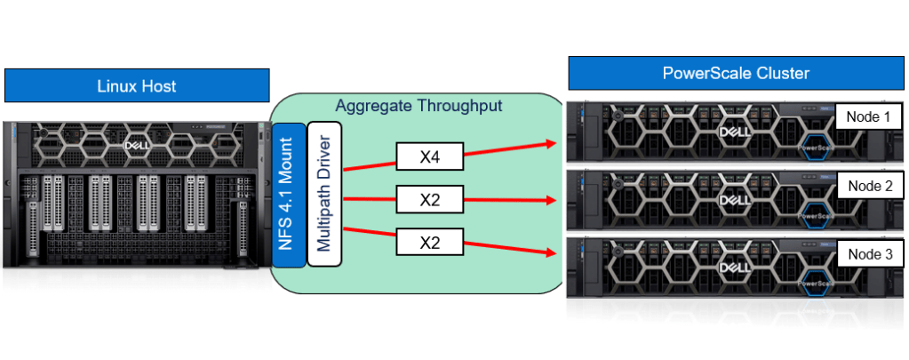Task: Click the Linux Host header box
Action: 137,86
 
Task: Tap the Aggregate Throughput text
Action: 419,106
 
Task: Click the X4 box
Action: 430,158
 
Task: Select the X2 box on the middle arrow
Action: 430,200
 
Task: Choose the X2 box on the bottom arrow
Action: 430,241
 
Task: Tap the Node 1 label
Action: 867,117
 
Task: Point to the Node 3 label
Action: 867,253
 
